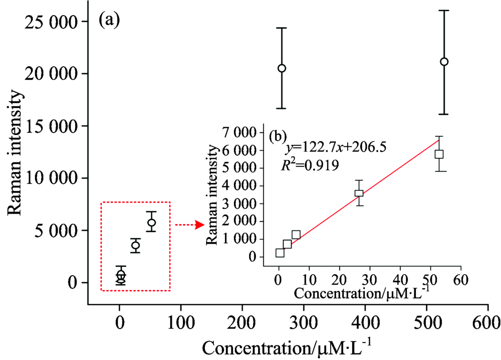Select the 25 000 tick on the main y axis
(51, 22)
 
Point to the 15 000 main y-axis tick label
(51, 126)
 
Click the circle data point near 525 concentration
(444, 62)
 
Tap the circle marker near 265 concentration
(282, 68)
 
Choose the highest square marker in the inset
(439, 154)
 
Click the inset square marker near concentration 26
(359, 193)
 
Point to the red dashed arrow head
(199, 225)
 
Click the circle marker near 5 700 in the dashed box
(151, 222)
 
